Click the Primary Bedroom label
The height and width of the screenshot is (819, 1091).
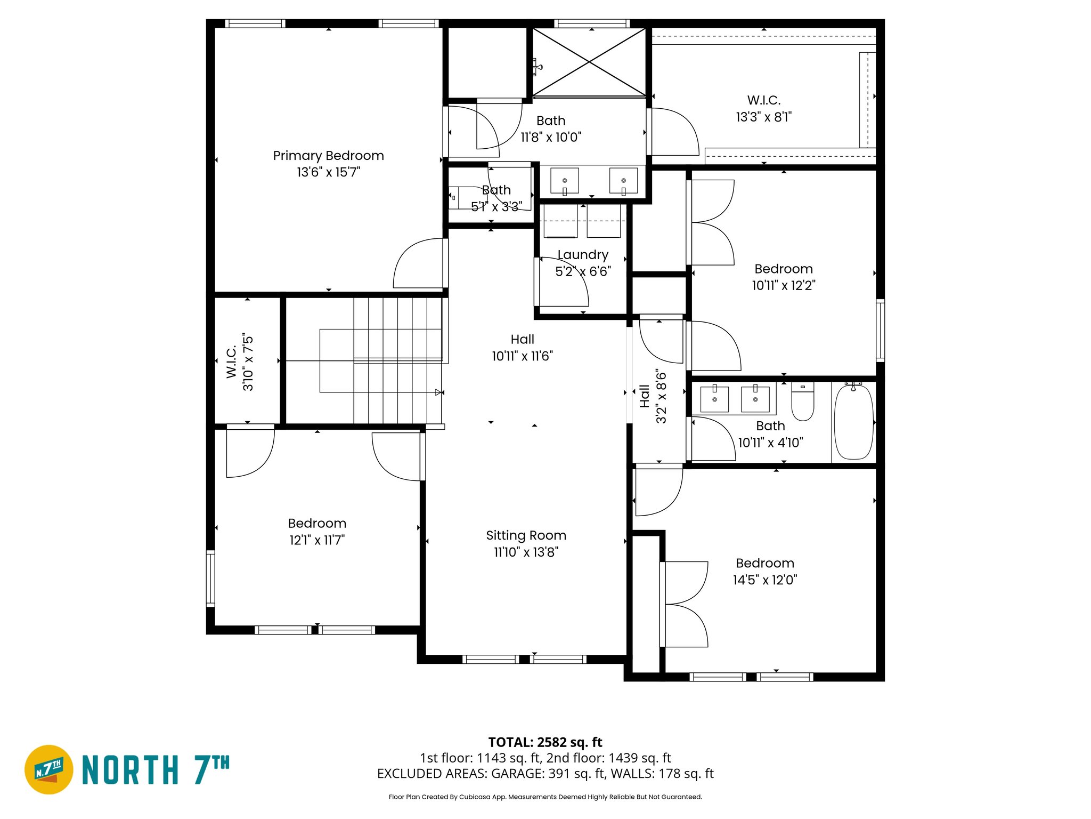coord(328,156)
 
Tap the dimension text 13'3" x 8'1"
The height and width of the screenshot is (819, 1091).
coord(763,117)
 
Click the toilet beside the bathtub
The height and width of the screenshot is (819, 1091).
coord(802,403)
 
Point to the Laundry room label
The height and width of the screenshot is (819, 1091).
coord(583,255)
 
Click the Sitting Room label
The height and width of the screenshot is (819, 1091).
coord(526,535)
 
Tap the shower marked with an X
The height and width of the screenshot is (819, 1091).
coord(589,62)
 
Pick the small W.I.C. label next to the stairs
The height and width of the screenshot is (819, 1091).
coord(231,362)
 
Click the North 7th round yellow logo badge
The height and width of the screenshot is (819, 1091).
coord(49,769)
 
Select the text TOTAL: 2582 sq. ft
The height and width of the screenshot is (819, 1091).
coord(545,742)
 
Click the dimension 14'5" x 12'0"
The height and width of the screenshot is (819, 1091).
coord(764,580)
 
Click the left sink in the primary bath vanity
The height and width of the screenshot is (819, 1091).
coord(564,181)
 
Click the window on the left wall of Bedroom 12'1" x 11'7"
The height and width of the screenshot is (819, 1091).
coord(210,579)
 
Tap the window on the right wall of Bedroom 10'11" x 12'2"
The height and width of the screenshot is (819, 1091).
coord(880,331)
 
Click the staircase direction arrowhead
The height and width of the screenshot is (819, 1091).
coord(438,392)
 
